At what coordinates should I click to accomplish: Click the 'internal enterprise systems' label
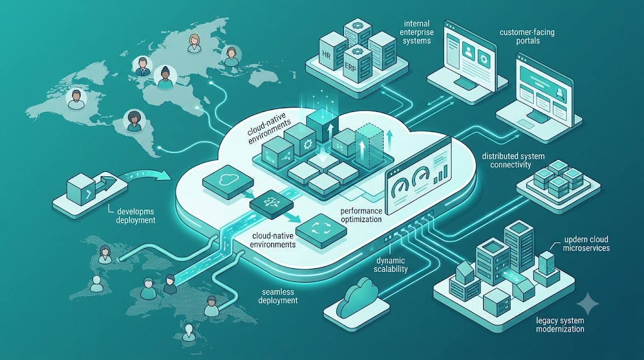pos(416,32)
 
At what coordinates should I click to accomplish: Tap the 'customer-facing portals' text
pos(527,36)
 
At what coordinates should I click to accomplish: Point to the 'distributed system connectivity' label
pos(513,160)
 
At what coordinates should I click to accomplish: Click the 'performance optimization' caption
pos(362,215)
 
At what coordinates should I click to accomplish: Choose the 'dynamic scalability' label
pos(391,265)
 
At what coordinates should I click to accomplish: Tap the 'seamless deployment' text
pos(278,296)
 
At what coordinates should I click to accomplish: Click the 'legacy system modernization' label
pos(560,325)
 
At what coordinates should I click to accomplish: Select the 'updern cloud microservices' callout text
pos(587,244)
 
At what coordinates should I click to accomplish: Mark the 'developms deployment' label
pos(136,216)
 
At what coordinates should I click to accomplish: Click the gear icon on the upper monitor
pos(484,60)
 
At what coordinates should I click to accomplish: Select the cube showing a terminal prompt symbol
pos(81,189)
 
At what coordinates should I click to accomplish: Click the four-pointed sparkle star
pos(588,304)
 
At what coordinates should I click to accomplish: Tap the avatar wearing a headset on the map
pos(231,55)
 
